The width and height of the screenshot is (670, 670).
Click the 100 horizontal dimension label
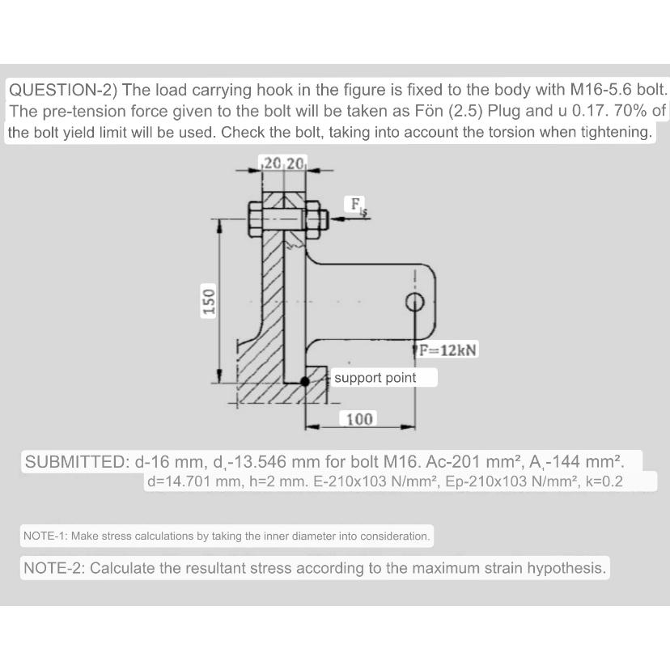pos(359,419)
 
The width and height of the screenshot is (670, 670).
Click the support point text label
pos(375,378)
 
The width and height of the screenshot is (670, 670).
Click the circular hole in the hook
pos(415,303)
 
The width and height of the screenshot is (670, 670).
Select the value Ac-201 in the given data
pos(473,462)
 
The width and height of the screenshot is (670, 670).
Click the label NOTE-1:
pos(49,536)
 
